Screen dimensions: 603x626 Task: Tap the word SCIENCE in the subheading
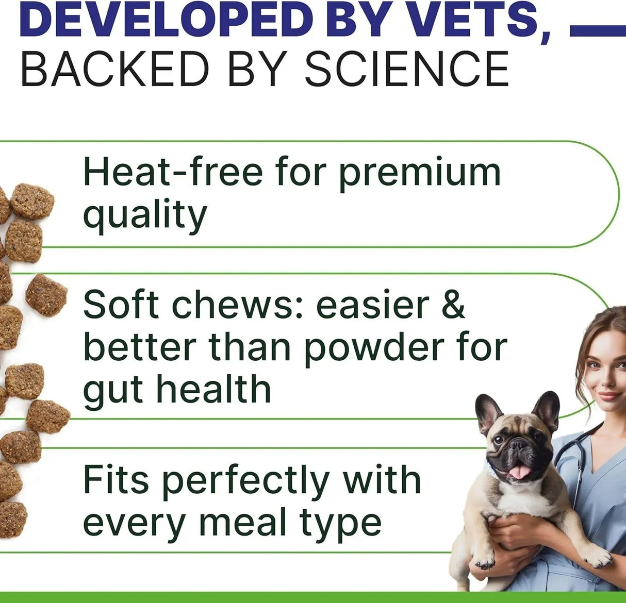pyautogui.click(x=407, y=69)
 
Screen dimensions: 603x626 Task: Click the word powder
pyautogui.click(x=374, y=349)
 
